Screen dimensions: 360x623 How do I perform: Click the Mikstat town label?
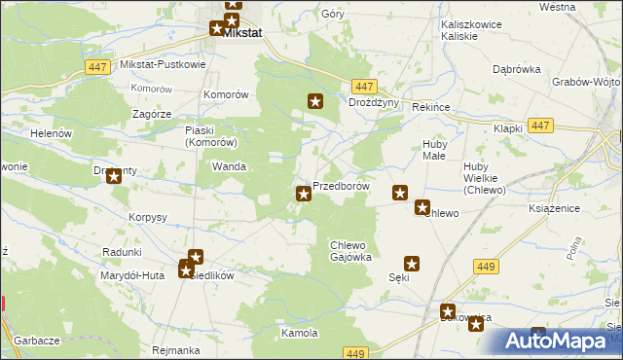coord(242,32)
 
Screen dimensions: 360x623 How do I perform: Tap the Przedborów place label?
coord(341,186)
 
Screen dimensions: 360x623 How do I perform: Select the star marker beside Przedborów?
coord(304,195)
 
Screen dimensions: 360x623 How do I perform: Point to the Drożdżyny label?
coord(375,102)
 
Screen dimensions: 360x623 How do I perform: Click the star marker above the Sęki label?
coord(412,263)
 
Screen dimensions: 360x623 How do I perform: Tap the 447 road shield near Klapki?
coord(542,126)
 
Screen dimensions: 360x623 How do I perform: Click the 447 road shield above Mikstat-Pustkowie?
coord(95,66)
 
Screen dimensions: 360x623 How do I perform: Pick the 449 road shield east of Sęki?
coord(485,266)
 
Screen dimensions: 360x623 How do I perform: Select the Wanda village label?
coord(229,166)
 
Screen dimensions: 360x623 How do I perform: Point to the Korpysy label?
coord(148,216)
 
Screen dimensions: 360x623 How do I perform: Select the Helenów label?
coord(53,132)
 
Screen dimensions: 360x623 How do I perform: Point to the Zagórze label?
coord(152,114)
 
